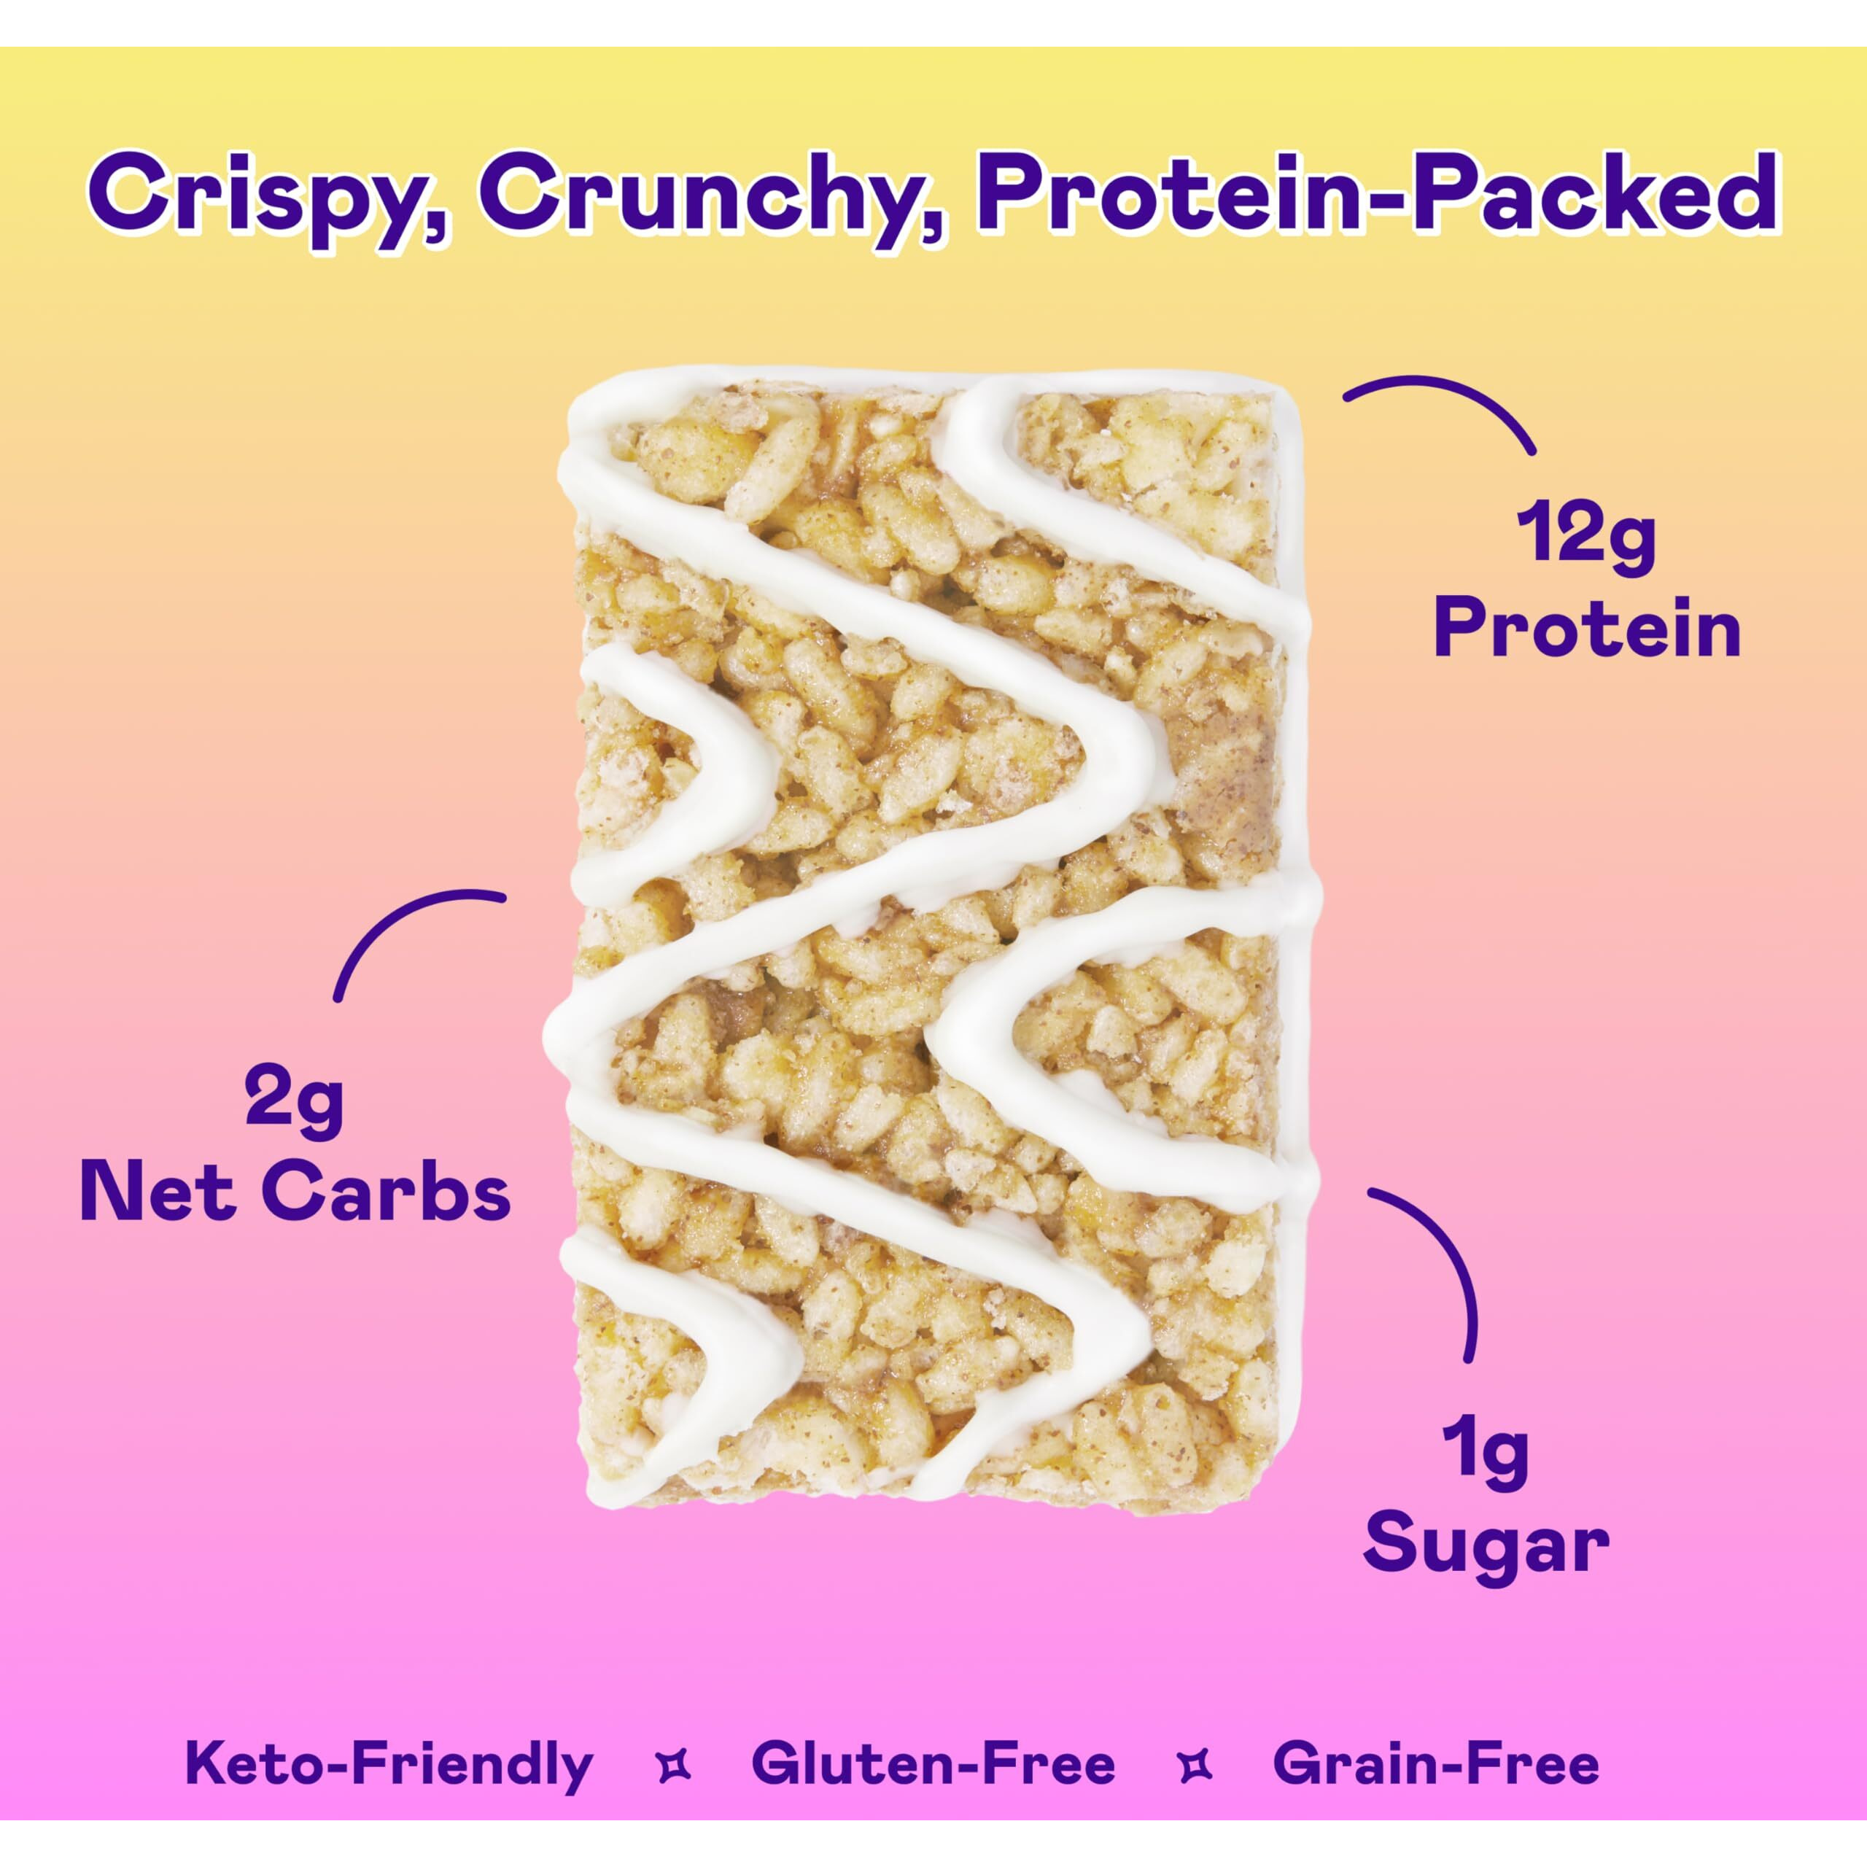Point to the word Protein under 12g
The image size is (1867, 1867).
[1587, 629]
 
